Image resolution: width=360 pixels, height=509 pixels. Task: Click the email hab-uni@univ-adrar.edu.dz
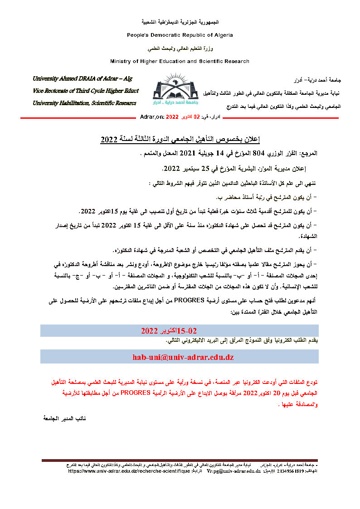[183, 357]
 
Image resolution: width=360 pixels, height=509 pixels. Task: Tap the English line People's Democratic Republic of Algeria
[180, 35]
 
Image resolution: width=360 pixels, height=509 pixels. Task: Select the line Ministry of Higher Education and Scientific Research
[180, 61]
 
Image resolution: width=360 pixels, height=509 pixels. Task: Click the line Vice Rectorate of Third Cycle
[85, 91]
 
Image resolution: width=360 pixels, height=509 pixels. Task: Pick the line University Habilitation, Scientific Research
[84, 103]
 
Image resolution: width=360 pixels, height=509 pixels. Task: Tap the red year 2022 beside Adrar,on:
[172, 117]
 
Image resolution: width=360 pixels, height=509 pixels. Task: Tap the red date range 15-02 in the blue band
[189, 330]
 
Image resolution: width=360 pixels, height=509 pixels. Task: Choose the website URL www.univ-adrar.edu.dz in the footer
[129, 471]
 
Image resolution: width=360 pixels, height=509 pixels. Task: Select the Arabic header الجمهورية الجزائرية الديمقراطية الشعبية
[180, 22]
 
